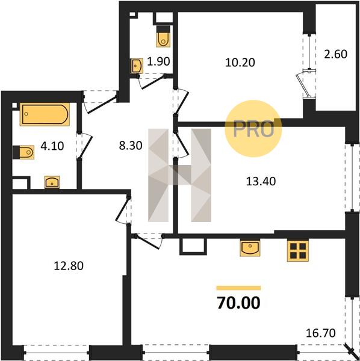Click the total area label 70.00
238,303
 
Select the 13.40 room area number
261,181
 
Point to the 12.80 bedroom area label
69,266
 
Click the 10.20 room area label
240,63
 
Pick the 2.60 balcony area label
335,54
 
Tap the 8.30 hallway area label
131,146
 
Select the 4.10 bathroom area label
52,146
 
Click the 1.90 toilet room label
158,61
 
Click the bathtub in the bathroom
45,114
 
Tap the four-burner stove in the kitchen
298,250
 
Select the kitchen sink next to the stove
250,248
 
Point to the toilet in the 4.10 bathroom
23,152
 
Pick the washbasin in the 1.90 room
137,66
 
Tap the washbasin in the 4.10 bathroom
52,182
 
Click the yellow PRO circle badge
253,129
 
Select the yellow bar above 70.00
238,288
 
